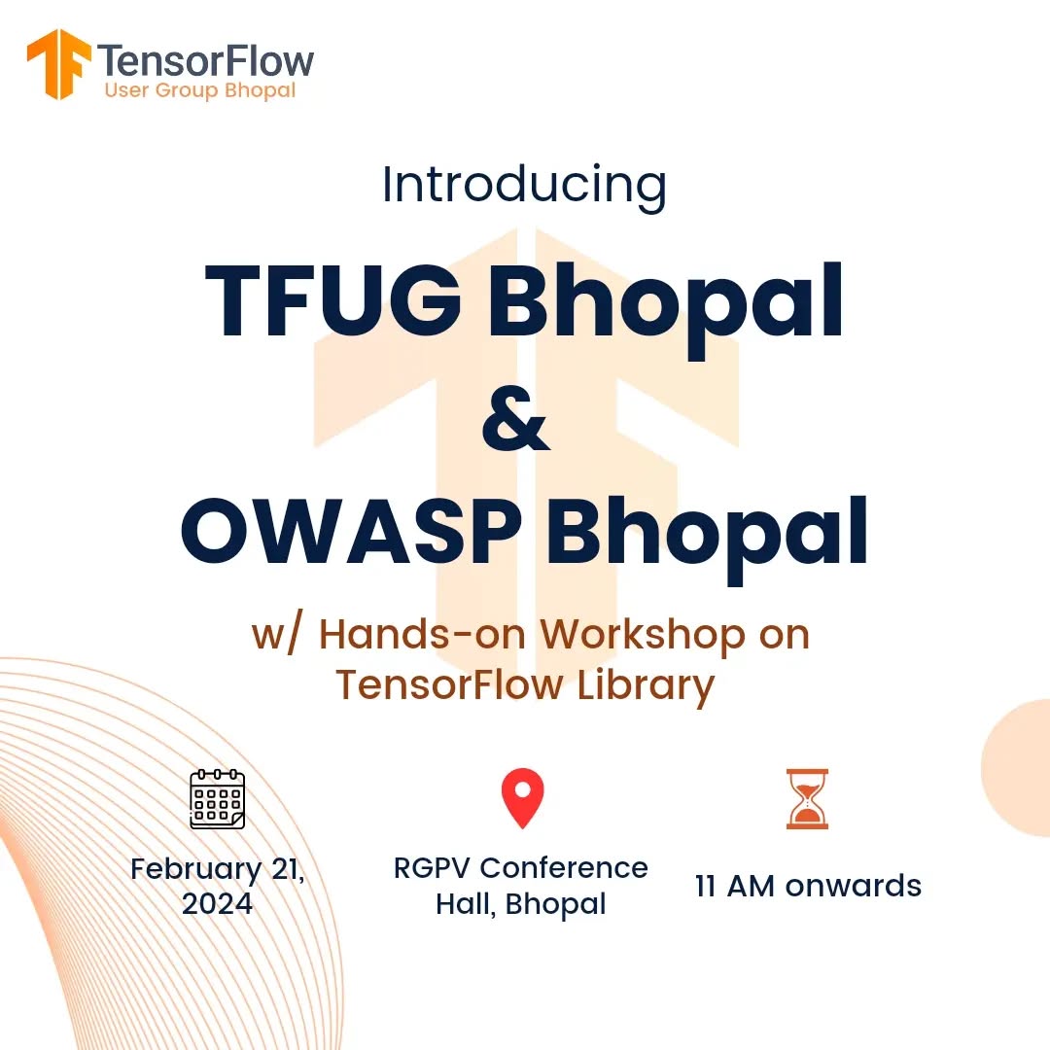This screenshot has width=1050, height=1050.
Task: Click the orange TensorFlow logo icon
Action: (x=59, y=63)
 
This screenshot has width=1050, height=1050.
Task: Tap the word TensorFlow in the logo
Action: (x=206, y=61)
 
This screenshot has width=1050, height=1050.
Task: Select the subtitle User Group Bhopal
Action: (x=200, y=90)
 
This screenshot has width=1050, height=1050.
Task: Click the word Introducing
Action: (x=524, y=186)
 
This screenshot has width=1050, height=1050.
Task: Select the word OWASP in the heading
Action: (x=352, y=532)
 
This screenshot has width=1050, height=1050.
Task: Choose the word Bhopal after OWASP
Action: (x=707, y=540)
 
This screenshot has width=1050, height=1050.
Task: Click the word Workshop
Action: (x=643, y=635)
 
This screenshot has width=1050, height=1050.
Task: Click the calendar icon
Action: (x=218, y=799)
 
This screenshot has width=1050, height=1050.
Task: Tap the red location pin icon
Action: (x=523, y=797)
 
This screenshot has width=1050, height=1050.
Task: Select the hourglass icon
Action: (x=807, y=799)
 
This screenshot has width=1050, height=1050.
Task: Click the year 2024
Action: (x=218, y=903)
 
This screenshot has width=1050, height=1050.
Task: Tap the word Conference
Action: (x=564, y=868)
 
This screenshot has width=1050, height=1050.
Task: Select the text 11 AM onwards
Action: (x=808, y=886)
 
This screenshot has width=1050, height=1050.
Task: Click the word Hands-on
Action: (x=423, y=634)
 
